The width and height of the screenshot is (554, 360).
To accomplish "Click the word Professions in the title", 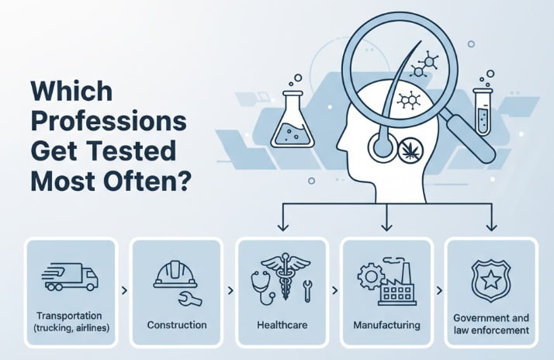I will [x=109, y=123].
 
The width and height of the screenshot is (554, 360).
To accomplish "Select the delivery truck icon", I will [x=71, y=276].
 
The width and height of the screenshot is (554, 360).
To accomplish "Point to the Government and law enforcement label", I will [x=490, y=324].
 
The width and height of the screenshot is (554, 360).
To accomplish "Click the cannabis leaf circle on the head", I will [x=409, y=150].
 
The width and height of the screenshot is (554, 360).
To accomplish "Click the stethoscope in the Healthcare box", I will [x=259, y=281].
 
